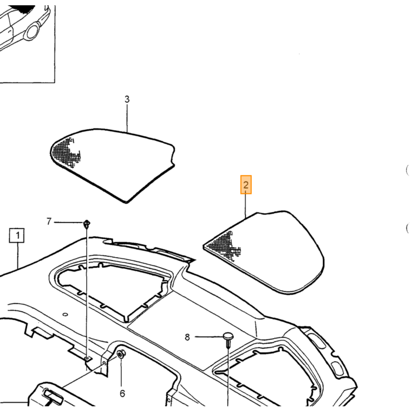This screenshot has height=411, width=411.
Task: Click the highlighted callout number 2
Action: [246, 185]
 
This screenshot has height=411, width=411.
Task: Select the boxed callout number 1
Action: [17, 235]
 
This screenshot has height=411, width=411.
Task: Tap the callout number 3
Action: [127, 99]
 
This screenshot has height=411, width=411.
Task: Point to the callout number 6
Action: [122, 393]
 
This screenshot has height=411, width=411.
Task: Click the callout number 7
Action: [49, 221]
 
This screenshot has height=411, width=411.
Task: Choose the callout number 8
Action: [187, 337]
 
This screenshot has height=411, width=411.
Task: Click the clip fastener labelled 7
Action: [87, 224]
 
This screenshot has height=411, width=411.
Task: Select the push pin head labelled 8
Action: [228, 336]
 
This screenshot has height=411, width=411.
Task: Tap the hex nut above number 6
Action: [121, 355]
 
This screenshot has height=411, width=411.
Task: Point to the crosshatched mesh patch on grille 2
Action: [225, 245]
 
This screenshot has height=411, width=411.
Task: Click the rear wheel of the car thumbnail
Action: [32, 31]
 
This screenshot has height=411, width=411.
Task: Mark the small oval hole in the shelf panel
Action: [65, 314]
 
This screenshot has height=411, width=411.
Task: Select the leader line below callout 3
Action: [127, 117]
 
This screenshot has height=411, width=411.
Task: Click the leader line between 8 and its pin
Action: [209, 337]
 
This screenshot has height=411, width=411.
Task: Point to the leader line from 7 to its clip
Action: [69, 223]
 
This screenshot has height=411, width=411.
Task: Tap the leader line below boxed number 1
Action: [18, 256]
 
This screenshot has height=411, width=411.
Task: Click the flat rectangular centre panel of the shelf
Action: [191, 331]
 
